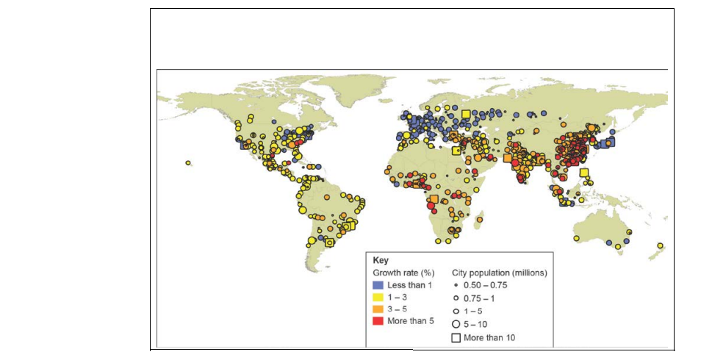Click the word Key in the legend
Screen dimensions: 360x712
(x=380, y=260)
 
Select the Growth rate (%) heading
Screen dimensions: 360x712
(x=400, y=273)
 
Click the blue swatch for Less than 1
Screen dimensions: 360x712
(x=378, y=284)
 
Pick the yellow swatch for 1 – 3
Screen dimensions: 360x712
(x=378, y=298)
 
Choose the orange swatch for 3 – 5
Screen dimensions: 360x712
(x=378, y=310)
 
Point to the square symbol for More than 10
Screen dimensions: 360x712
(x=456, y=338)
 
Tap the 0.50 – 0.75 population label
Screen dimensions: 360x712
(x=489, y=284)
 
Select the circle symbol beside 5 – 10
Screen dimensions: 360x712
(x=456, y=323)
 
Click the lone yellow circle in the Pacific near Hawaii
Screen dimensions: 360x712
(x=188, y=163)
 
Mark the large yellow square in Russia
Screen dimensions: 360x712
(x=465, y=114)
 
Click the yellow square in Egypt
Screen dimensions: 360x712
(x=455, y=151)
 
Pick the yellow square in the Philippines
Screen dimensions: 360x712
(x=584, y=173)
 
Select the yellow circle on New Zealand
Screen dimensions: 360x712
(x=660, y=245)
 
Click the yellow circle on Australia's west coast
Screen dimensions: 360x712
(x=578, y=237)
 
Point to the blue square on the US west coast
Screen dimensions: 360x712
(x=243, y=145)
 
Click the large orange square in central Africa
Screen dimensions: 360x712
(x=434, y=200)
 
